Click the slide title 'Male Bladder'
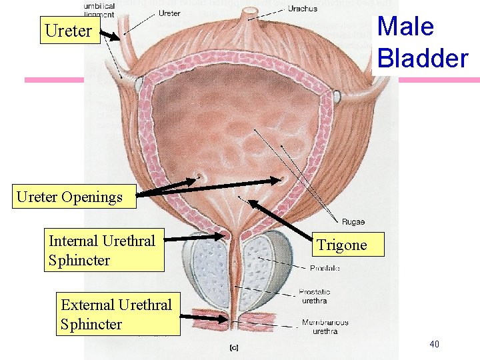[x=422, y=42]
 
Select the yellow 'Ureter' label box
[x=69, y=31]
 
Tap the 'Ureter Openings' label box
[x=70, y=197]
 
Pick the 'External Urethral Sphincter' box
[x=117, y=315]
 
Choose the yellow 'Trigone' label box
[x=342, y=245]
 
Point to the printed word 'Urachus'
[x=302, y=9]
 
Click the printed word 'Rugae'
[x=353, y=222]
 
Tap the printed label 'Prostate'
[x=325, y=268]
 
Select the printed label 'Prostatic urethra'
[x=314, y=296]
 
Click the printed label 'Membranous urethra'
[x=325, y=327]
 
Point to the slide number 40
[x=434, y=344]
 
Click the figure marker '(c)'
[x=234, y=347]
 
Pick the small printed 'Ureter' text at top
[x=169, y=13]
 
